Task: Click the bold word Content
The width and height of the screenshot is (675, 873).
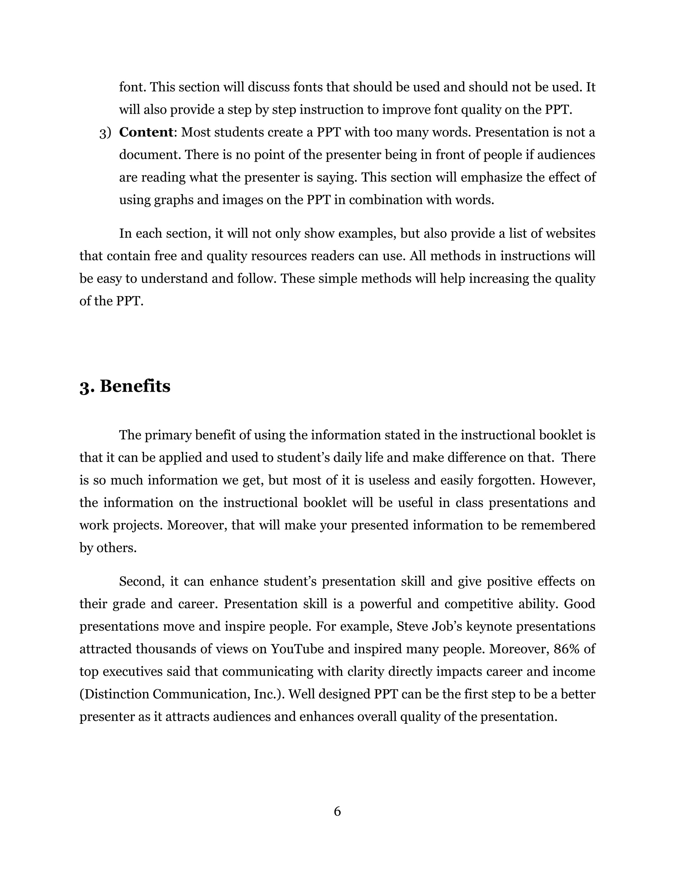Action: (146, 132)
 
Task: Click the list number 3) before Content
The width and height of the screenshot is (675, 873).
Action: (105, 133)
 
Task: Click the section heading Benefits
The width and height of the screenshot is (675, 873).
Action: (135, 386)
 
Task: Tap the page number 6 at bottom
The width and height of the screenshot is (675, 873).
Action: (337, 811)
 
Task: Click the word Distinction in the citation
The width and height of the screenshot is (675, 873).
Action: (114, 694)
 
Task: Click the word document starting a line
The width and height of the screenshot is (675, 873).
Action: (150, 155)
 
